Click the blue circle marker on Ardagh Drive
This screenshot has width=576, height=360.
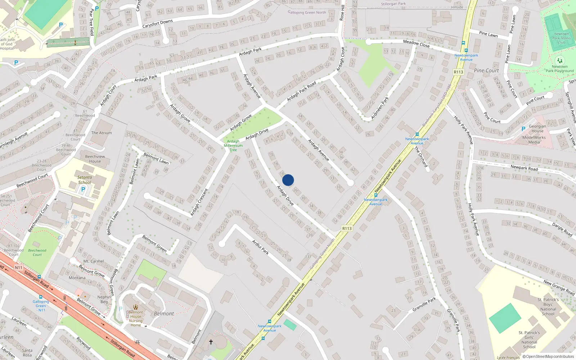click(288, 180)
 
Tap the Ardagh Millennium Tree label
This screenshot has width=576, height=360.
click(233, 145)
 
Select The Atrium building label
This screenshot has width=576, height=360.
click(102, 133)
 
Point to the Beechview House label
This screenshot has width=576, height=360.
click(95, 159)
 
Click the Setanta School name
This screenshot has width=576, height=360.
click(85, 180)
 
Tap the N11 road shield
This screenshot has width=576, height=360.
click(18, 267)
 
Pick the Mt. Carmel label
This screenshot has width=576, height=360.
click(94, 261)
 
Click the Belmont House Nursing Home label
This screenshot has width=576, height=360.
click(136, 319)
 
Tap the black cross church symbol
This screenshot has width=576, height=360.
click(211, 342)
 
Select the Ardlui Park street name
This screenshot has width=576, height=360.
click(260, 247)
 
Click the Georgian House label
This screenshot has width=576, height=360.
click(537, 129)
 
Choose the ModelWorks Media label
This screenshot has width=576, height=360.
click(534, 140)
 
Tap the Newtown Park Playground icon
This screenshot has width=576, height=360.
click(559, 60)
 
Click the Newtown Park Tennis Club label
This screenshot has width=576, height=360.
click(562, 38)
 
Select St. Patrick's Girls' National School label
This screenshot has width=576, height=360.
click(529, 340)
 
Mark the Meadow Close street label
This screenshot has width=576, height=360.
click(416, 43)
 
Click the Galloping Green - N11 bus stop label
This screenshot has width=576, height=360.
click(41, 306)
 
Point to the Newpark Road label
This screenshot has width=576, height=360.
click(524, 167)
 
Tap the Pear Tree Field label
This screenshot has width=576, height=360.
click(92, 22)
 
